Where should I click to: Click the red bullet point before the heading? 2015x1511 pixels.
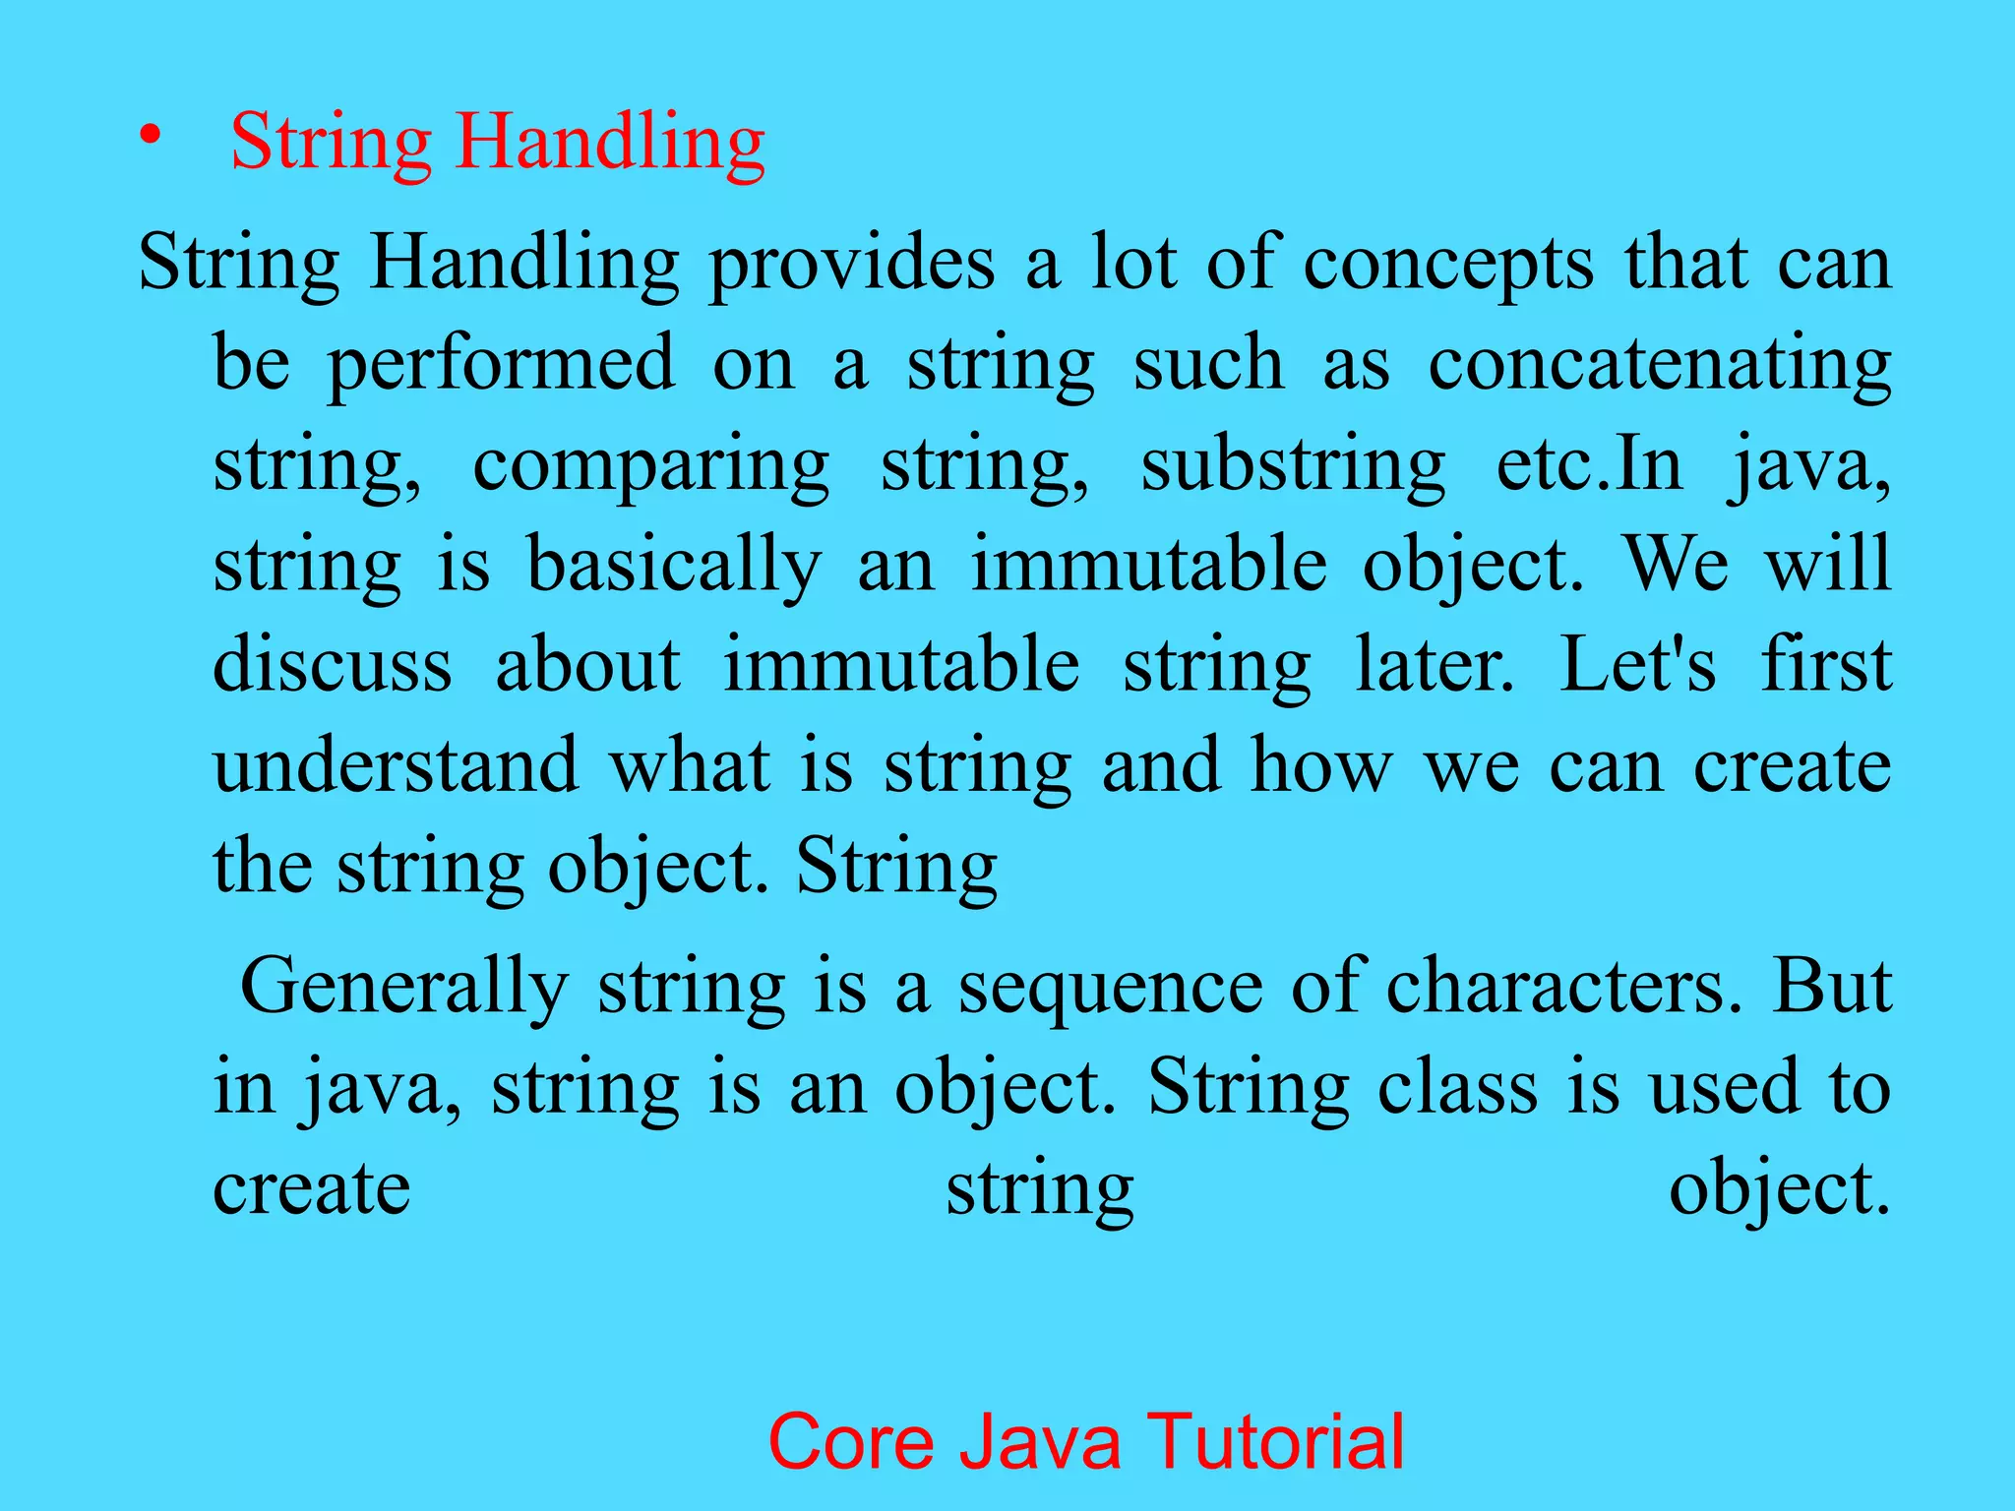click(149, 137)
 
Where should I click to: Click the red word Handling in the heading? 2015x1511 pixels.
click(610, 144)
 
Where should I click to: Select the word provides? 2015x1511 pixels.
click(852, 265)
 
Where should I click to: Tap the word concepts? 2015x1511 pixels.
click(1448, 265)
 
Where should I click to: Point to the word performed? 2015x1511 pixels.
click(502, 365)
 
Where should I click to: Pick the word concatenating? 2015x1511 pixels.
click(1660, 365)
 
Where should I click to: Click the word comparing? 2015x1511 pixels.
click(651, 466)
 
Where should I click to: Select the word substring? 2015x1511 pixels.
click(1293, 466)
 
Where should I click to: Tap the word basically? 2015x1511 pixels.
click(675, 567)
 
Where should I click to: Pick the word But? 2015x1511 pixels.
click(1832, 987)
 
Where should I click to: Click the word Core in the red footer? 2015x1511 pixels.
click(850, 1442)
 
